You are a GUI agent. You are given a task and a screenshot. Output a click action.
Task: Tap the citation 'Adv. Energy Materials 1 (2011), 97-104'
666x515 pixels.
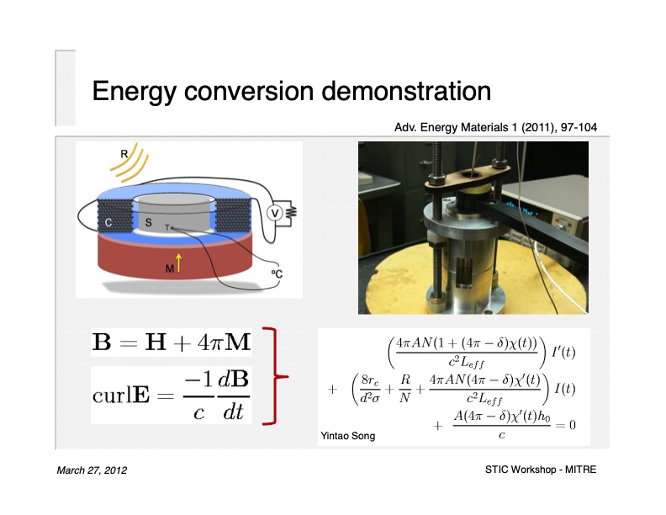coord(496,128)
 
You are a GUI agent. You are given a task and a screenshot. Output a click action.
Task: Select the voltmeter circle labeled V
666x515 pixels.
coord(273,213)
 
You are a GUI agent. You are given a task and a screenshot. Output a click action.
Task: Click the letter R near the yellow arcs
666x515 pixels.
coord(124,154)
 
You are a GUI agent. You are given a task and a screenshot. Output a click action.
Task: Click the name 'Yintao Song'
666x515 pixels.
coord(347,436)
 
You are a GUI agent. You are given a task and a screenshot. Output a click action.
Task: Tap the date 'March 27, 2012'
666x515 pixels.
coord(92,470)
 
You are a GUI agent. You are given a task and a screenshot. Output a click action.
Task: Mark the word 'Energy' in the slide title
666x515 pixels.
coord(137,91)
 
